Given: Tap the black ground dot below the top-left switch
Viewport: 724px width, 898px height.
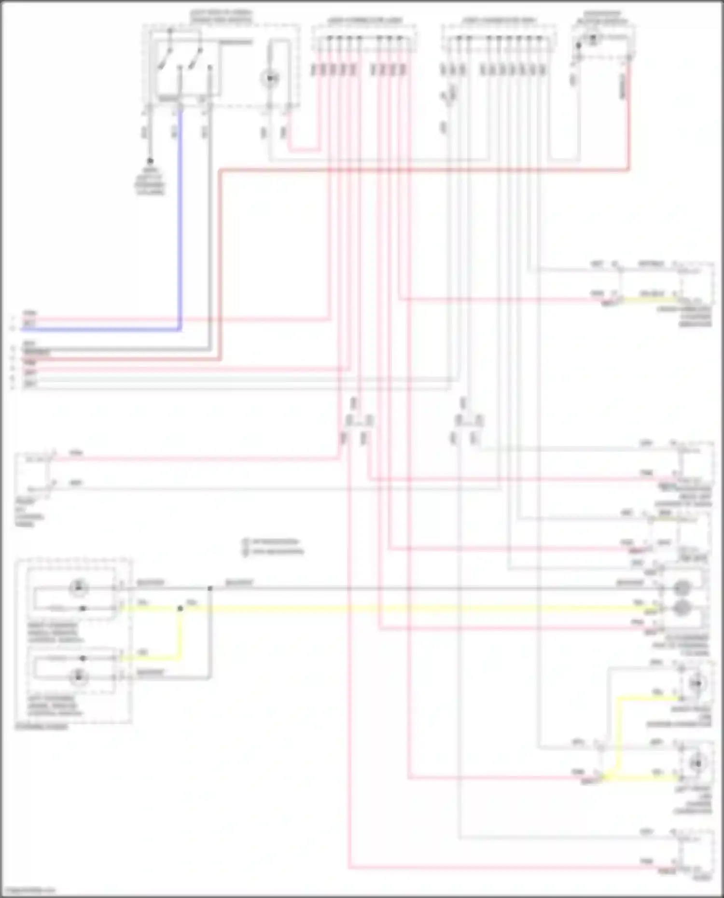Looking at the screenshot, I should coord(150,161).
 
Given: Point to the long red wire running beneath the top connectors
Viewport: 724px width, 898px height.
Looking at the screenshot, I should coord(425,169).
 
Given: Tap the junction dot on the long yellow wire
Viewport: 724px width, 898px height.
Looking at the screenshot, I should coord(180,608).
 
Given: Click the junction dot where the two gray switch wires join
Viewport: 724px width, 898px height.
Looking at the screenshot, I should coord(210,588).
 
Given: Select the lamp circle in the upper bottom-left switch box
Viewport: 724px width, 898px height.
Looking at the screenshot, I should coord(78,587).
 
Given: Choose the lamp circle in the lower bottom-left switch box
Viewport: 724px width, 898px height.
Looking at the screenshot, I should coord(78,676).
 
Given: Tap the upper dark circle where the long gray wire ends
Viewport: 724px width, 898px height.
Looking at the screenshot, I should coord(681,588).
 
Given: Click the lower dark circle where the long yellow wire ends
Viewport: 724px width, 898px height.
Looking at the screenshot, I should coord(681,608).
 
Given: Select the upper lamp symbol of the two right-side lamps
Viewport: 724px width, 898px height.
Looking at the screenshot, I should coord(696,683).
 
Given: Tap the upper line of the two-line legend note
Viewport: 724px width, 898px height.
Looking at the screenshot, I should coord(273,541).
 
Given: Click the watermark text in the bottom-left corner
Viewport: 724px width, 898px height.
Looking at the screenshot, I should coord(28,889).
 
